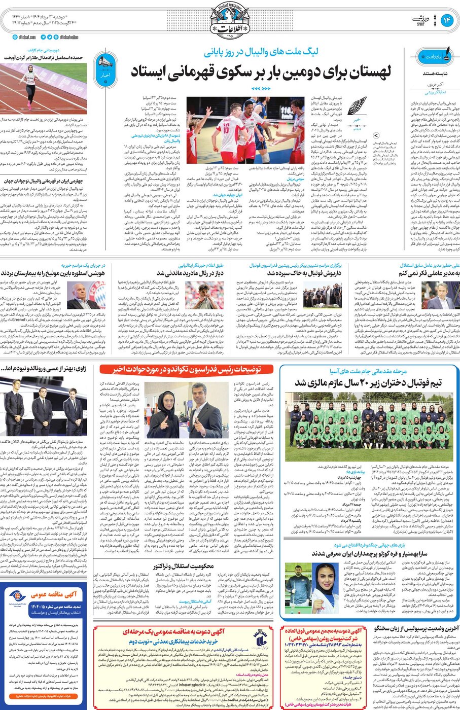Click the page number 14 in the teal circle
[447, 20]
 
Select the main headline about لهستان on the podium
[261, 72]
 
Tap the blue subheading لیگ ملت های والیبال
[261, 52]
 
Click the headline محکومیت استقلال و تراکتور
[184, 566]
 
